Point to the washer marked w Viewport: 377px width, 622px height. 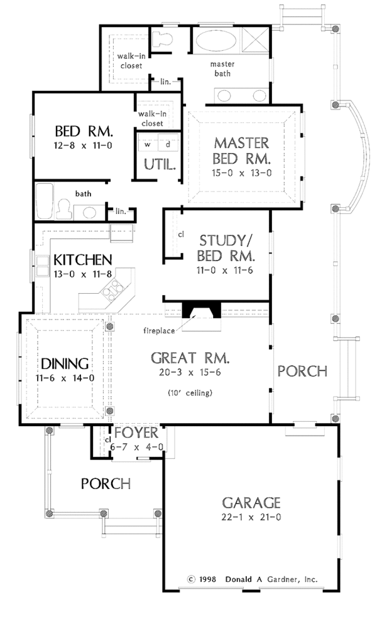pos(148,144)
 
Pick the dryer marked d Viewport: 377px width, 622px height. pos(167,144)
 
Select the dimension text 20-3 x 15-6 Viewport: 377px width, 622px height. pos(190,373)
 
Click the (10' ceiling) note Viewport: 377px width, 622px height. pos(190,393)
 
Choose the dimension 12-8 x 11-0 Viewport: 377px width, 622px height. pos(83,146)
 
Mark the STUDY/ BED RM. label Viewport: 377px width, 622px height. pos(226,248)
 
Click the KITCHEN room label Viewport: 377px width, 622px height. pos(82,259)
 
